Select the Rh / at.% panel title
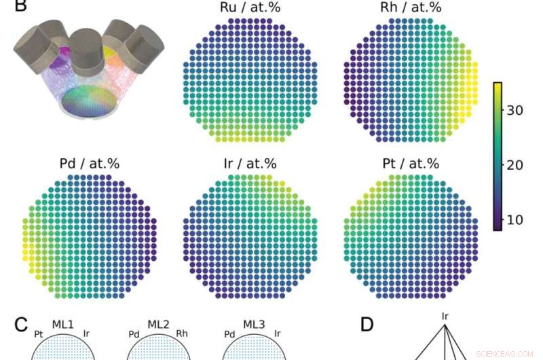click(411, 8)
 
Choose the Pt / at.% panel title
click(411, 164)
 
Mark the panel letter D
click(367, 324)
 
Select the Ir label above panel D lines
click(445, 316)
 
